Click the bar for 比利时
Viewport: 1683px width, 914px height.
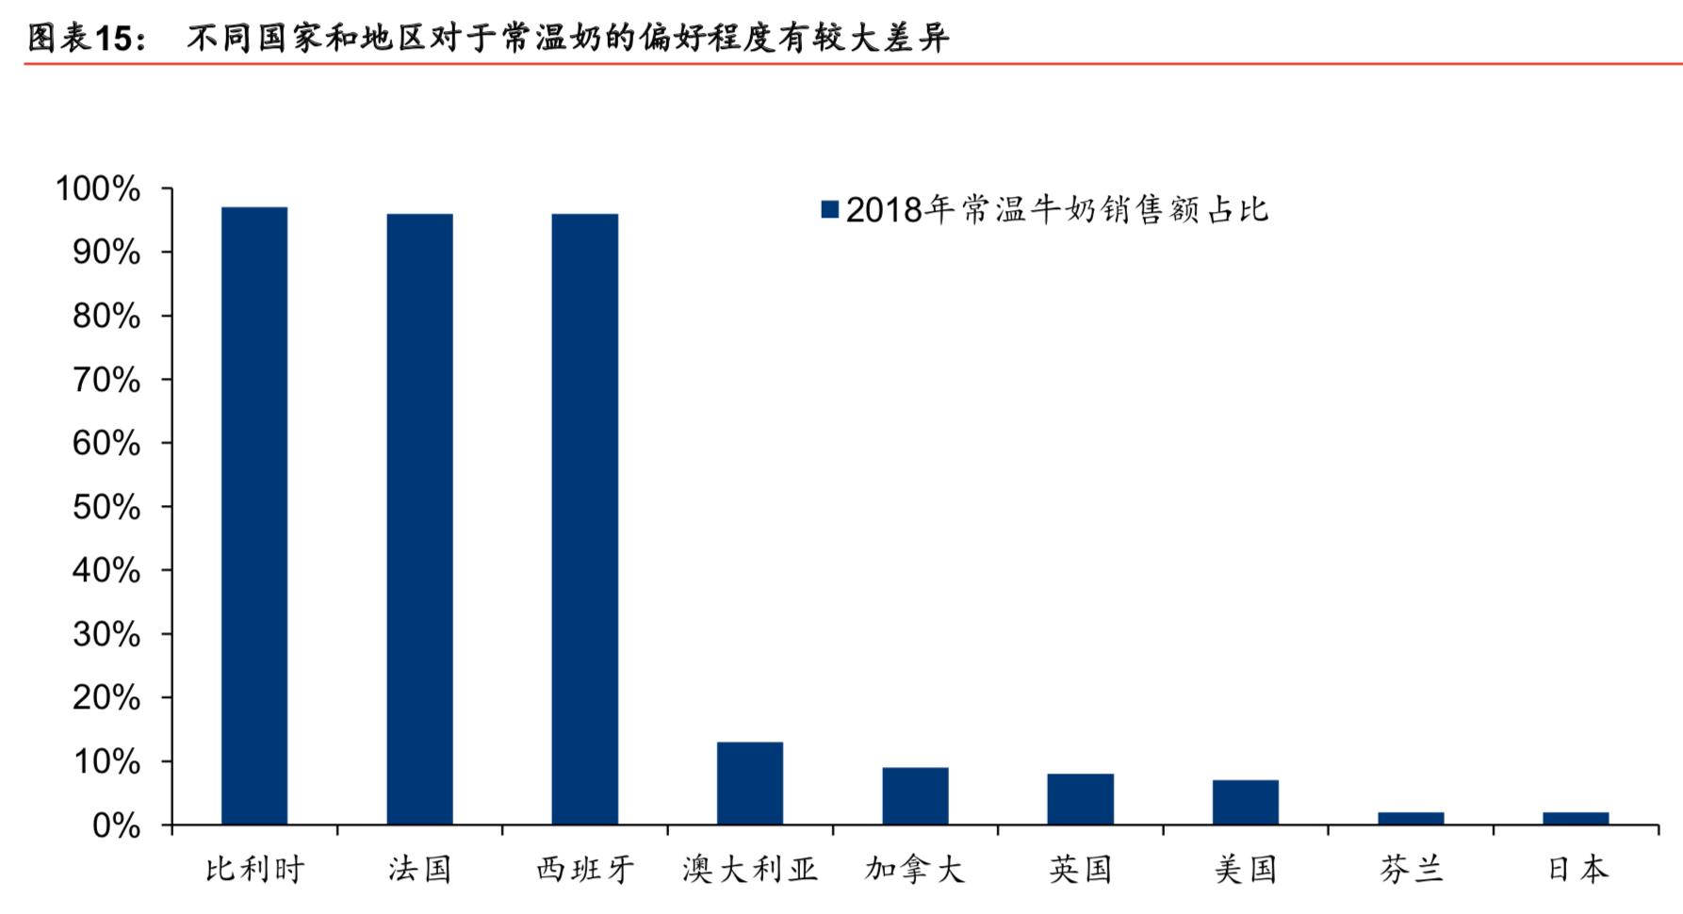(x=254, y=515)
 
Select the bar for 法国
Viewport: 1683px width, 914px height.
(x=419, y=519)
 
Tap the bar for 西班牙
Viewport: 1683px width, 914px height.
(x=585, y=519)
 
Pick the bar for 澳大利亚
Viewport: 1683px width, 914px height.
(x=750, y=783)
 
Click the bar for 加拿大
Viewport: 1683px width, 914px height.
(x=915, y=796)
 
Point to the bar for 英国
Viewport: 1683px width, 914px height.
(x=1080, y=799)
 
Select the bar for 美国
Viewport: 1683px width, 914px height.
(x=1246, y=802)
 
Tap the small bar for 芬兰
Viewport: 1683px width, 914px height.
(x=1411, y=818)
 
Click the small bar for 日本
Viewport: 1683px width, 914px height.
(x=1576, y=818)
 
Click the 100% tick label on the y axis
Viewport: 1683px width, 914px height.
(x=98, y=189)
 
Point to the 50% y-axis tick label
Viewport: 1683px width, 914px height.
(x=106, y=508)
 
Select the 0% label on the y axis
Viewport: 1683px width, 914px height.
(x=116, y=826)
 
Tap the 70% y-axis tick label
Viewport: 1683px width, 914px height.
(x=106, y=381)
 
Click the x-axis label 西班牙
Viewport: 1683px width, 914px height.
(x=585, y=869)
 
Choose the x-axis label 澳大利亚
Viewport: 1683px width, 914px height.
(x=750, y=869)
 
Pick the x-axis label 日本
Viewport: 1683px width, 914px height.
(x=1576, y=869)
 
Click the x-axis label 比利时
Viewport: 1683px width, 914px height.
(x=254, y=869)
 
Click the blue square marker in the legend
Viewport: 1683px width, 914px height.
(x=830, y=209)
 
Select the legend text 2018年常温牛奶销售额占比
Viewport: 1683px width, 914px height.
(x=1056, y=209)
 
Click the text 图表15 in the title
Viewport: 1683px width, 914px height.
(x=85, y=38)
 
